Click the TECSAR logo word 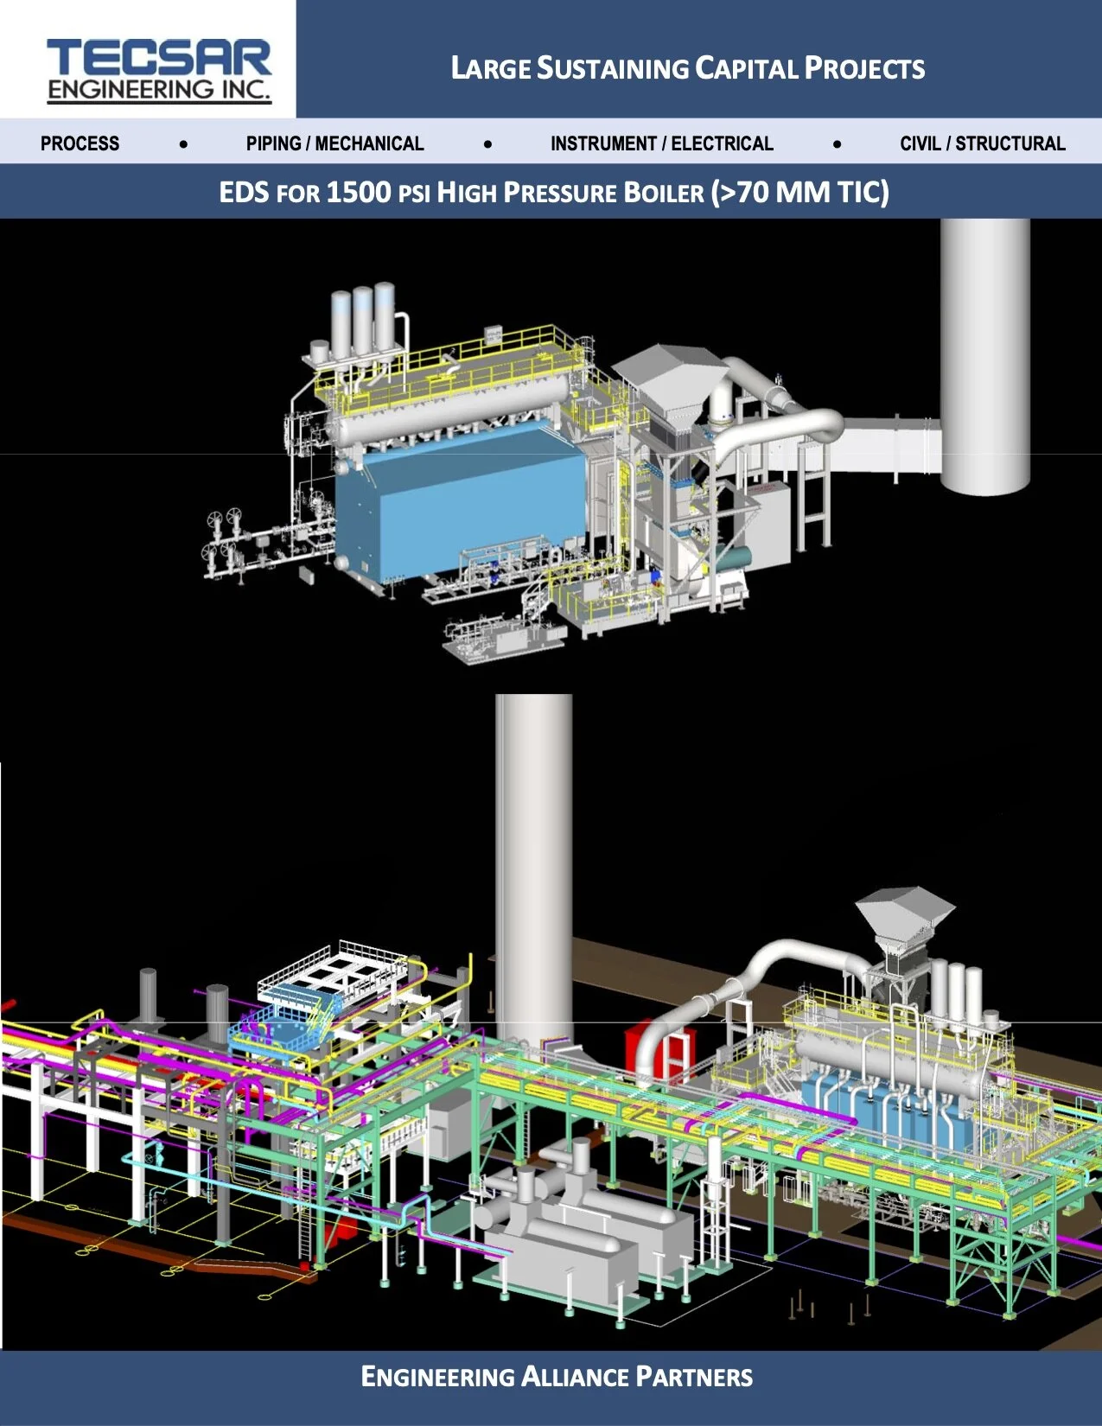[159, 58]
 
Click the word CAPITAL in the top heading [747, 68]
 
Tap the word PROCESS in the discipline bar [80, 143]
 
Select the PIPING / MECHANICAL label [334, 143]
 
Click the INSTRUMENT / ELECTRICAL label [661, 143]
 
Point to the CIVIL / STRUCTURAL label [982, 143]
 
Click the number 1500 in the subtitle [358, 192]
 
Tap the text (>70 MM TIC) [799, 192]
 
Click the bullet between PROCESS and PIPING [183, 144]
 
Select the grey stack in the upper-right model [985, 354]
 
